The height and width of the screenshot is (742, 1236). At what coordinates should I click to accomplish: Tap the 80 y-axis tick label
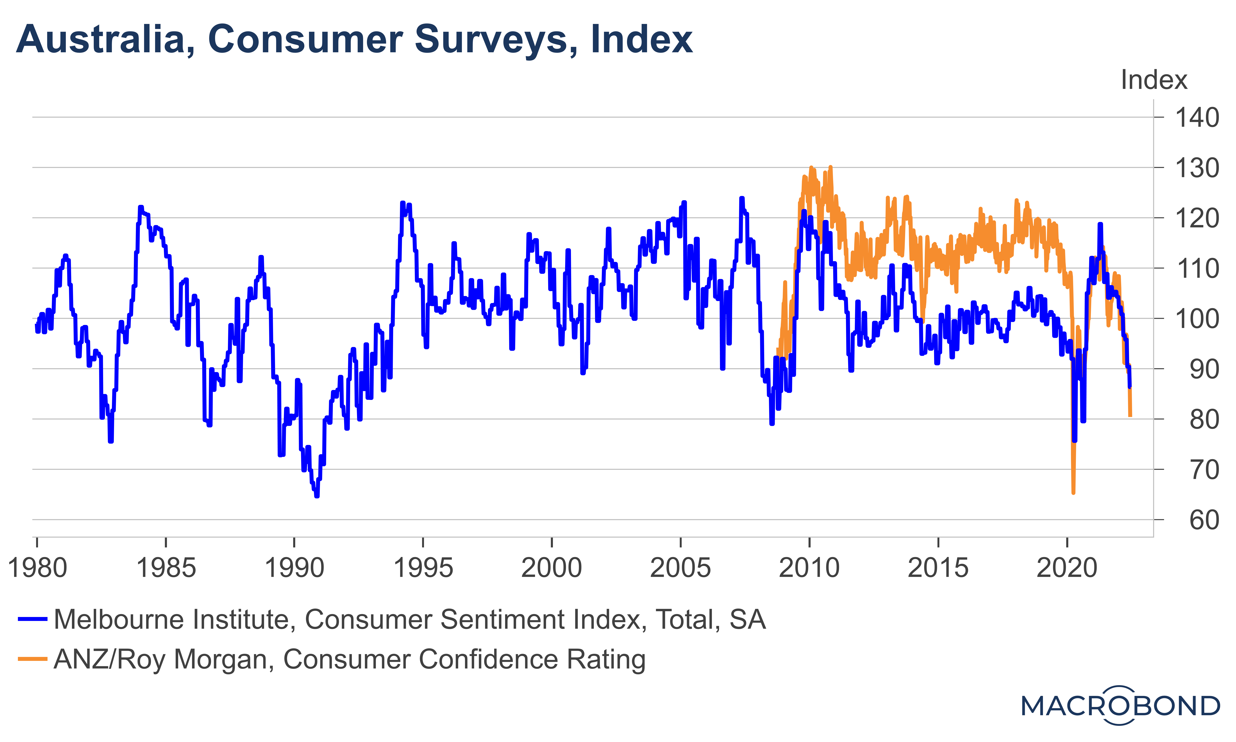point(1204,420)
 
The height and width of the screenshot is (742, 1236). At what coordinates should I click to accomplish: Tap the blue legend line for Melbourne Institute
point(32,619)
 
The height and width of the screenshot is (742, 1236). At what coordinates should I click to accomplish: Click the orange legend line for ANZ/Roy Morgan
point(32,659)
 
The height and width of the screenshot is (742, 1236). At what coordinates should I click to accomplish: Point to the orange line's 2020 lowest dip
point(1073,492)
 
